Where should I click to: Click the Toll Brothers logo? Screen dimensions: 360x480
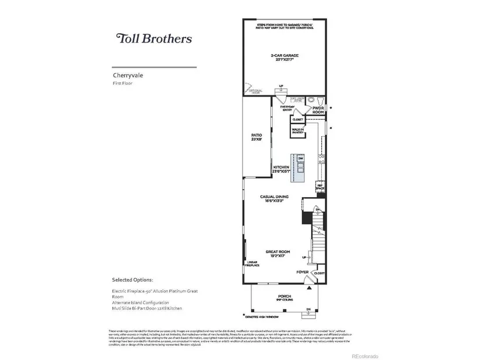pyautogui.click(x=154, y=39)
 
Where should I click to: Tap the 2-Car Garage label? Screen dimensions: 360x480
pyautogui.click(x=285, y=56)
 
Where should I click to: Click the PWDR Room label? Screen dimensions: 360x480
pyautogui.click(x=318, y=110)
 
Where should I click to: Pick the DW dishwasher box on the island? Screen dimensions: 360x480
pyautogui.click(x=301, y=159)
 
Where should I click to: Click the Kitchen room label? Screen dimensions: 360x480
pyautogui.click(x=281, y=169)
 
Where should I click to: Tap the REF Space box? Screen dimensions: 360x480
pyautogui.click(x=319, y=187)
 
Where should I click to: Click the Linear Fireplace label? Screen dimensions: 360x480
pyautogui.click(x=252, y=265)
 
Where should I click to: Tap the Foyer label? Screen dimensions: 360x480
pyautogui.click(x=302, y=272)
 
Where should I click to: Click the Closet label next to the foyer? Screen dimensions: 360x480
pyautogui.click(x=318, y=272)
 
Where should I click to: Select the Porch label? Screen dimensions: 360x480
pyautogui.click(x=285, y=297)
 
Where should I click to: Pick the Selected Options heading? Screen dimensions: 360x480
pyautogui.click(x=133, y=279)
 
